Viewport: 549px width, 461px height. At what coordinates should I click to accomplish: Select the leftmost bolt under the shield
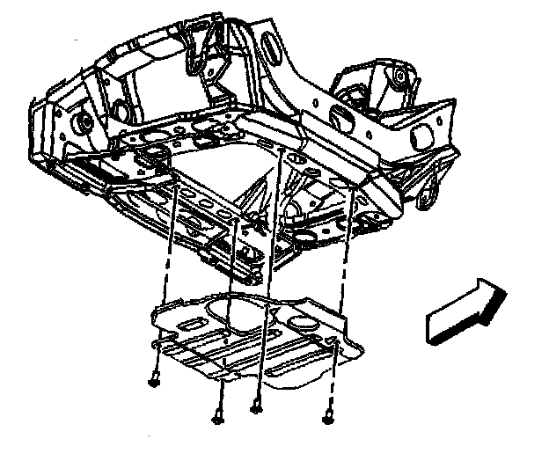click(x=155, y=381)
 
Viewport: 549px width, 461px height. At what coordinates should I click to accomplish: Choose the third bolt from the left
click(x=256, y=406)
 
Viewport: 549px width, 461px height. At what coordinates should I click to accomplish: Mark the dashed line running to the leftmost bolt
click(x=164, y=282)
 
